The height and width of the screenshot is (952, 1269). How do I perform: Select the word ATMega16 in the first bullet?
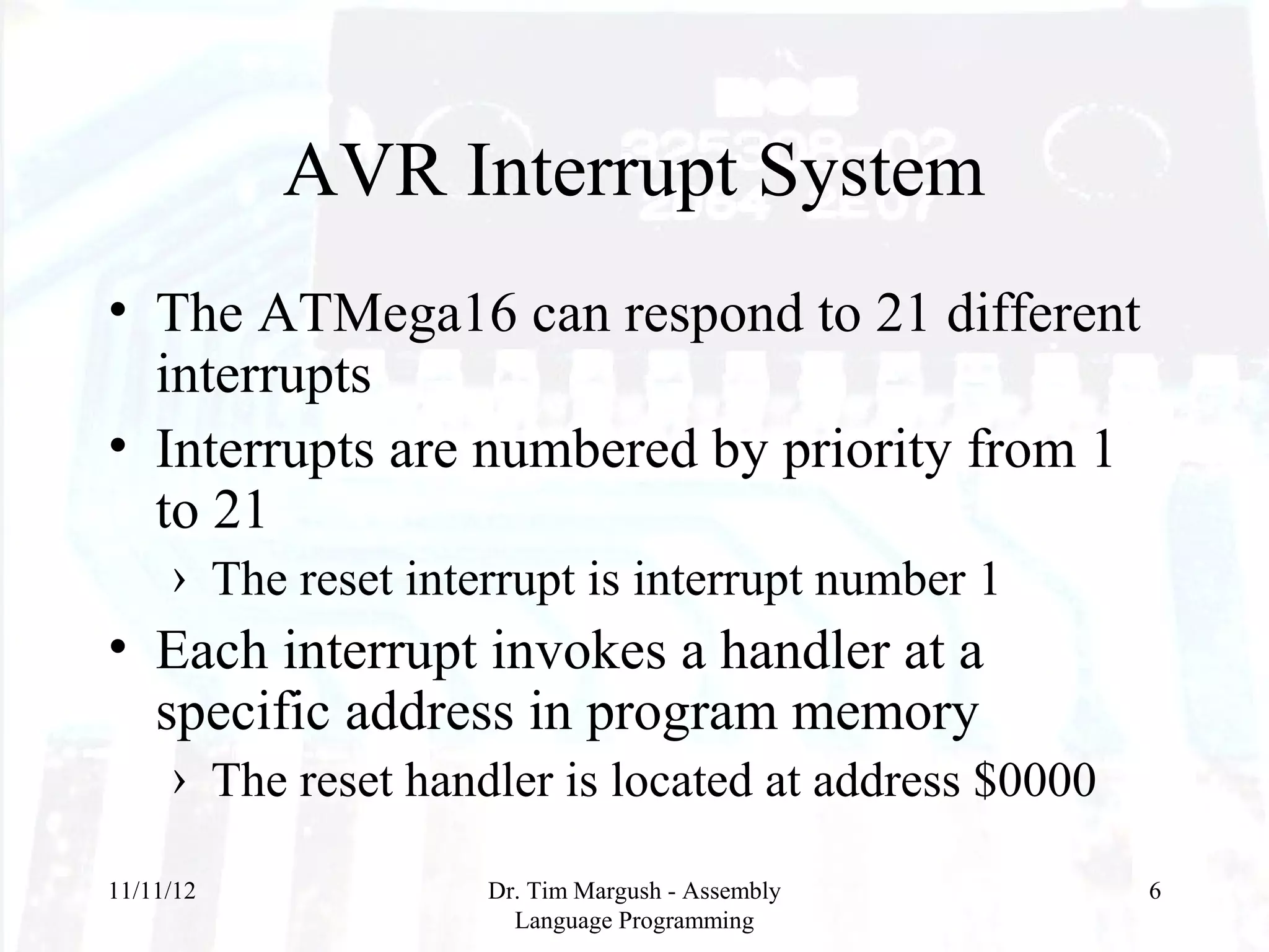tap(388, 313)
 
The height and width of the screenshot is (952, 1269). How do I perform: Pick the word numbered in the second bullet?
tap(584, 449)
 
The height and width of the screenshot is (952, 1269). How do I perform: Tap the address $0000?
tap(1034, 780)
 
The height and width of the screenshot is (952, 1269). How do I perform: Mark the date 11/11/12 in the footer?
tap(152, 891)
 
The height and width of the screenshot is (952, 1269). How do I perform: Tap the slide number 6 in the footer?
tap(1154, 891)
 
